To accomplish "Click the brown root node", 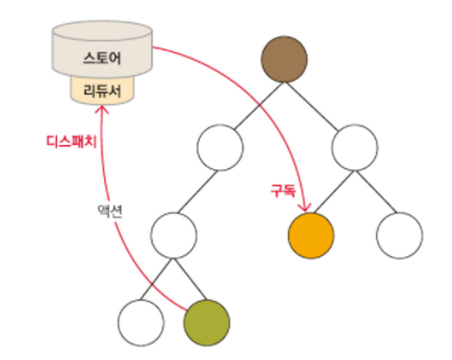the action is click(284, 59).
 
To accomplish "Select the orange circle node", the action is click(311, 235).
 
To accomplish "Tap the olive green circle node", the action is click(207, 323).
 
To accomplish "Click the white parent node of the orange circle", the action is click(354, 147).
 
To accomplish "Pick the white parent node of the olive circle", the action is click(174, 235).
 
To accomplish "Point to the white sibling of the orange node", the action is click(399, 235).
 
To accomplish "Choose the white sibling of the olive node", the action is click(141, 323).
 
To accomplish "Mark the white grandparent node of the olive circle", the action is click(220, 147).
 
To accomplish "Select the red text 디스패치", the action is click(72, 142).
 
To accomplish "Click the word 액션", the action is click(110, 211).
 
